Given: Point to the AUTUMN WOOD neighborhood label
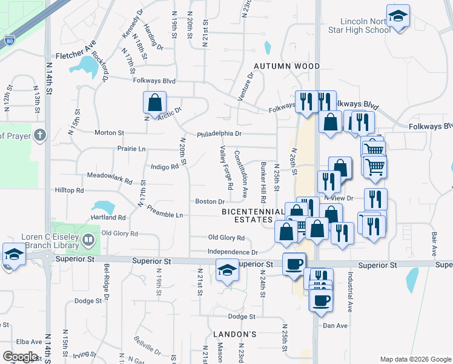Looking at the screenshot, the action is click(286, 66).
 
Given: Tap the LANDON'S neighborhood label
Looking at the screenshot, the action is click(235, 334).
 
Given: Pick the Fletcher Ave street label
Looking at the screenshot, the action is click(76, 55).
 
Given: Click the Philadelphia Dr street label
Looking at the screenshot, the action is click(219, 133).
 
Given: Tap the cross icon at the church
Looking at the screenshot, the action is click(40, 135).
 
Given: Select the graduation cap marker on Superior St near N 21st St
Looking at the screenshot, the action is click(227, 270).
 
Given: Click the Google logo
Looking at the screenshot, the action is click(21, 357).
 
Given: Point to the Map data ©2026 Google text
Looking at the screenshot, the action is click(415, 359).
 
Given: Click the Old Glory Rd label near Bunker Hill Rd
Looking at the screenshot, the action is click(226, 238).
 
